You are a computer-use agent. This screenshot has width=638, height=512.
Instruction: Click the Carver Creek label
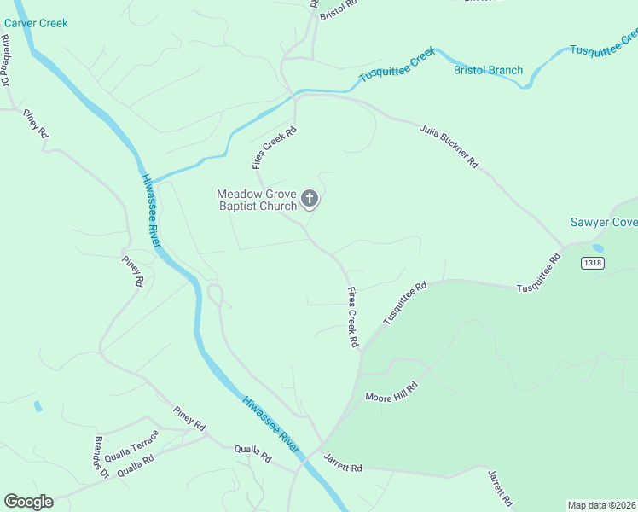35,23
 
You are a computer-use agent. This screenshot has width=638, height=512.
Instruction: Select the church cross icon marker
310,200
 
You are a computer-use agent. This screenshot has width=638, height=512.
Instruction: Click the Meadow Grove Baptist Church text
257,200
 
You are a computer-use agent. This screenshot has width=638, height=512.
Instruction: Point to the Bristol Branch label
488,70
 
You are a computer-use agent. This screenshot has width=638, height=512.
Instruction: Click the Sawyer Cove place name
603,223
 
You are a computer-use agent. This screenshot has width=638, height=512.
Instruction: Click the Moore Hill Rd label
391,392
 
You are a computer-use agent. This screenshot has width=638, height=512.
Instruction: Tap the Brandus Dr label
101,459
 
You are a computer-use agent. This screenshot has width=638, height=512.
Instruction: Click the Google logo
28,502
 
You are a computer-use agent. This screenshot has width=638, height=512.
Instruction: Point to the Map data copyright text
601,505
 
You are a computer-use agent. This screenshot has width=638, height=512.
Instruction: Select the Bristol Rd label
339,10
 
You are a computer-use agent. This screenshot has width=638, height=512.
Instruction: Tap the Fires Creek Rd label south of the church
351,317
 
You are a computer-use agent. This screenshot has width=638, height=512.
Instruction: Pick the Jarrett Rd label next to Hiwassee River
343,463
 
